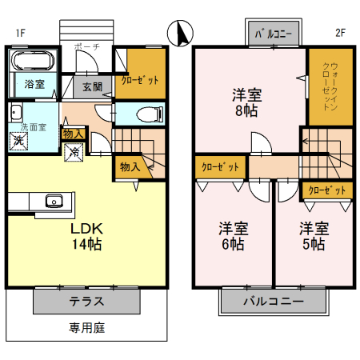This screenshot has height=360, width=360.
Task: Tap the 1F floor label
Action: (x=20, y=33)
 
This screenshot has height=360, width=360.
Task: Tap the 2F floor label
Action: (x=339, y=33)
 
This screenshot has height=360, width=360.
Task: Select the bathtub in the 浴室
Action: (x=32, y=62)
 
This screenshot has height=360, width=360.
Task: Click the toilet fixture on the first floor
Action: (x=149, y=113)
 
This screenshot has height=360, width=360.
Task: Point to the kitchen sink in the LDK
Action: (x=54, y=200)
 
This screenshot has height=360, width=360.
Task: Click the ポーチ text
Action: (x=86, y=48)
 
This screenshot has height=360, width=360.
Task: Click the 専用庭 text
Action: (x=87, y=327)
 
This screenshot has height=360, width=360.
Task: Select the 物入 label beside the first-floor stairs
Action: (x=130, y=166)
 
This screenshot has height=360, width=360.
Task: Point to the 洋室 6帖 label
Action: (x=234, y=236)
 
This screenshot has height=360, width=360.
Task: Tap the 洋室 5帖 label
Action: (x=313, y=236)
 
